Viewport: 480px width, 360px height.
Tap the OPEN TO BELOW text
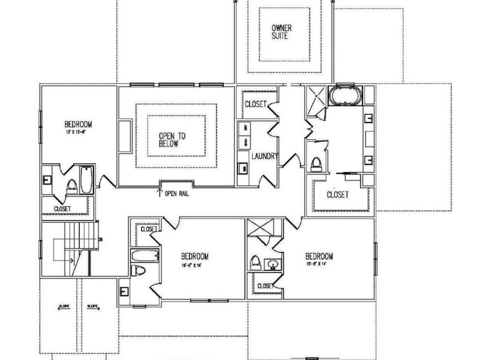coord(172,140)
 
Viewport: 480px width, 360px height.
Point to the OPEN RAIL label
coord(177,194)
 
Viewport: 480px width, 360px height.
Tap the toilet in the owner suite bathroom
coord(316,164)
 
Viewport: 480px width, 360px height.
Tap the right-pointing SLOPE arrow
coord(93,306)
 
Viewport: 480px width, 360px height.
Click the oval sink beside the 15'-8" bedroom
coord(274,263)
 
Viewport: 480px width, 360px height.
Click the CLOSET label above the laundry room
coord(255,104)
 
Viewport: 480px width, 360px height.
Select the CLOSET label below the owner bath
coord(338,195)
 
